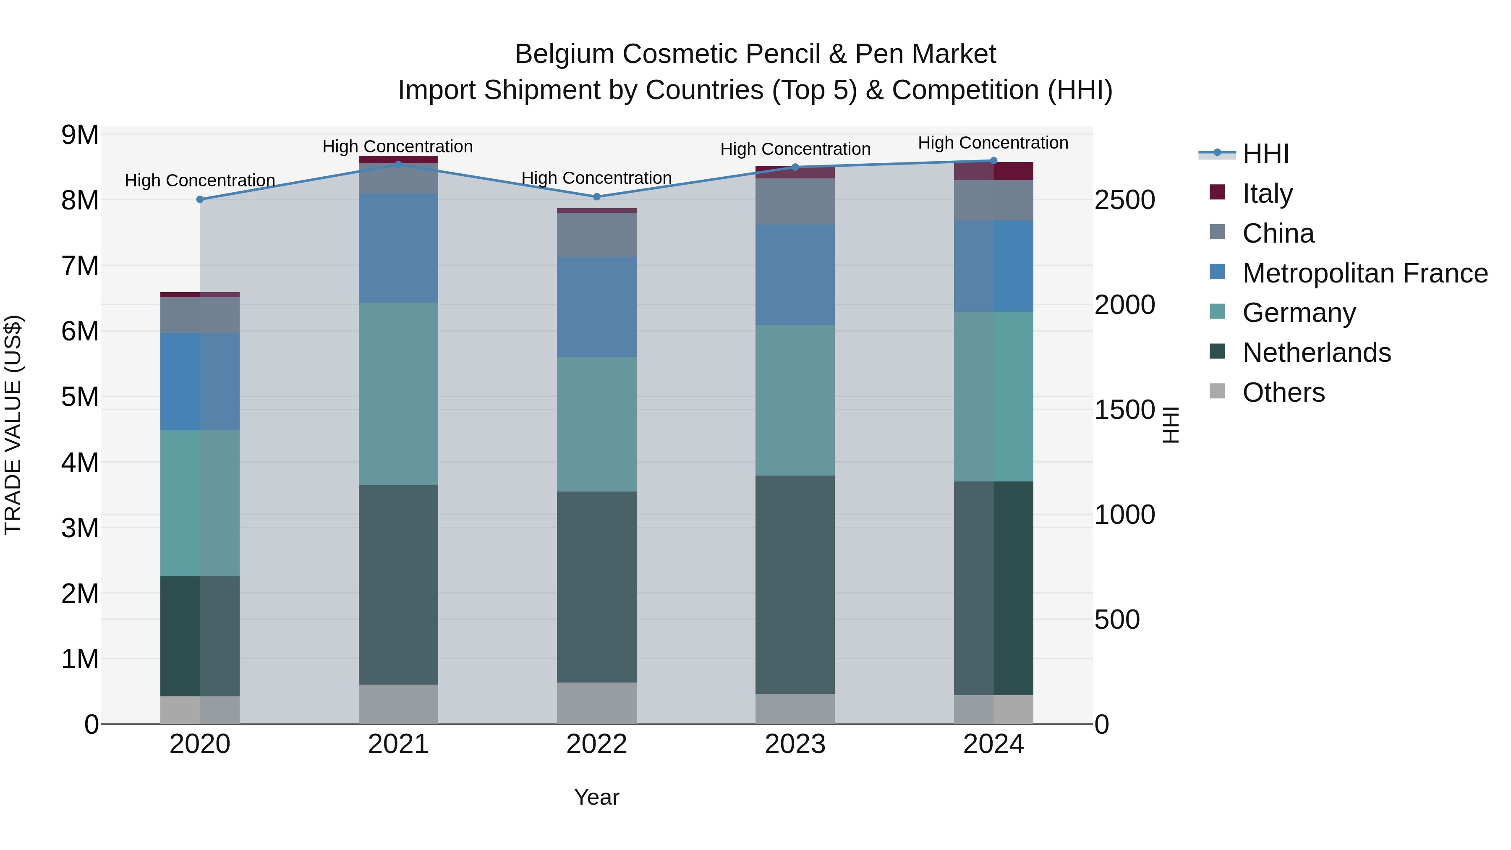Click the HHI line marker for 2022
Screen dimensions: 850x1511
tap(596, 196)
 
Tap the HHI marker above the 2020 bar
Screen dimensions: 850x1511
tap(200, 199)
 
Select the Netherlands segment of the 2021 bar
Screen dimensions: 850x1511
tap(398, 584)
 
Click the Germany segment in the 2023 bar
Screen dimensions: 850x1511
tap(795, 400)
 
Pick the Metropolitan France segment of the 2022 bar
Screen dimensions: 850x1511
tap(596, 307)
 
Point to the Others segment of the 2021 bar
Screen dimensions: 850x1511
tap(398, 704)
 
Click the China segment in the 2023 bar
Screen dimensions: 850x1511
tap(795, 201)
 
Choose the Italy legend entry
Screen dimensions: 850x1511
tap(1267, 194)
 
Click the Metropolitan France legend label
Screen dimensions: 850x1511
tap(1365, 273)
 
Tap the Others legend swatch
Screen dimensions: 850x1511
tap(1217, 391)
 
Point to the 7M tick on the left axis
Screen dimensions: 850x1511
tap(80, 266)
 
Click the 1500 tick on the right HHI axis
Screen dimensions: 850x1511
tap(1124, 409)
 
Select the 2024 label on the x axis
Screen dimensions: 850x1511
tap(993, 744)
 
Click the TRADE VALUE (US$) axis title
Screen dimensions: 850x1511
tap(13, 425)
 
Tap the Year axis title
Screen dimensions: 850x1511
tap(596, 797)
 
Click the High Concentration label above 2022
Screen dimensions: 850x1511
tap(596, 178)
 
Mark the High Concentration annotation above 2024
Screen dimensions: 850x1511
tap(993, 143)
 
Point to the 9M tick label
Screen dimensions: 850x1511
tap(80, 135)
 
